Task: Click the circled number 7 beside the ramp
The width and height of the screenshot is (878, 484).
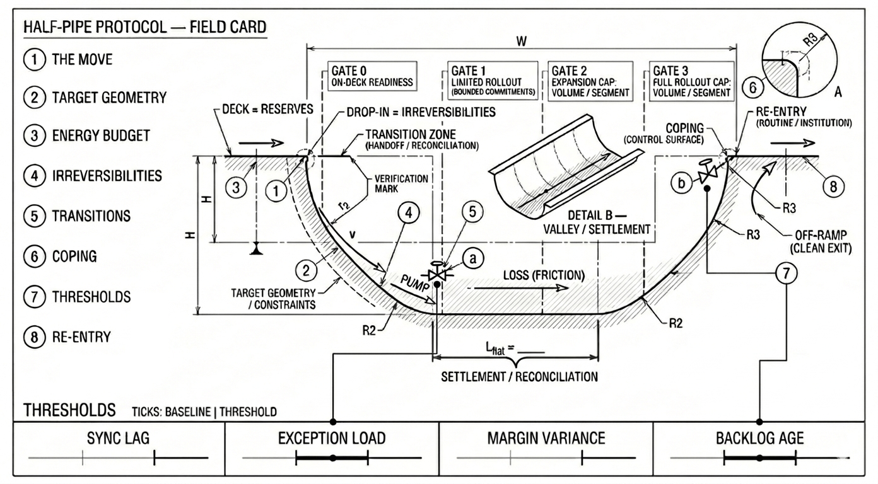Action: (786, 273)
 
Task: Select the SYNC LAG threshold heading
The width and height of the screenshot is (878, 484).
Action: (119, 438)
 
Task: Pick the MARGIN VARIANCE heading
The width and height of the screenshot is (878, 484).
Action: (546, 438)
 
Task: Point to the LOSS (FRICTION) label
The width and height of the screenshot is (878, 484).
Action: (543, 275)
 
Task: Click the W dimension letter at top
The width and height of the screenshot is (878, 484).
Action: (521, 40)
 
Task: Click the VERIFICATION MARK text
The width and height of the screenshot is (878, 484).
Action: (401, 183)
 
